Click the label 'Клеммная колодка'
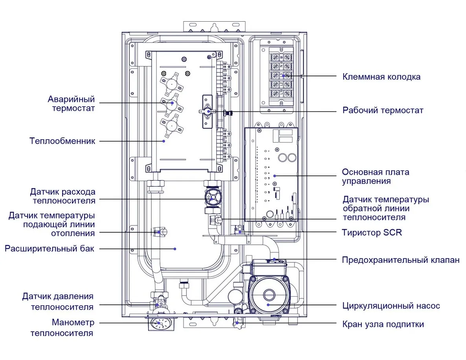pos(381,77)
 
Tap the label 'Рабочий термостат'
pos(383,111)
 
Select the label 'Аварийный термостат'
pos(71,103)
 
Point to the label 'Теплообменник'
pos(62,141)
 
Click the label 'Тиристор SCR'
pos(372,233)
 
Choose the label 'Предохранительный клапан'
pos(400,260)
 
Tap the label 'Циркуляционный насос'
pos(391,306)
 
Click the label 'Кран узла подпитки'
pos(383,325)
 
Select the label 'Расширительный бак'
pos(50,249)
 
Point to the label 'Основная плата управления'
pos(375,177)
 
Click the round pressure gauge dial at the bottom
pos(159,324)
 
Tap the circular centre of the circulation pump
pos(268,294)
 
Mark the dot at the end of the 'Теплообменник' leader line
pos(164,141)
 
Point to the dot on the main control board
pos(274,176)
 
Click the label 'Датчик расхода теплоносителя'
pos(63,196)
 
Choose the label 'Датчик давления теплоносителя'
pos(58,301)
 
